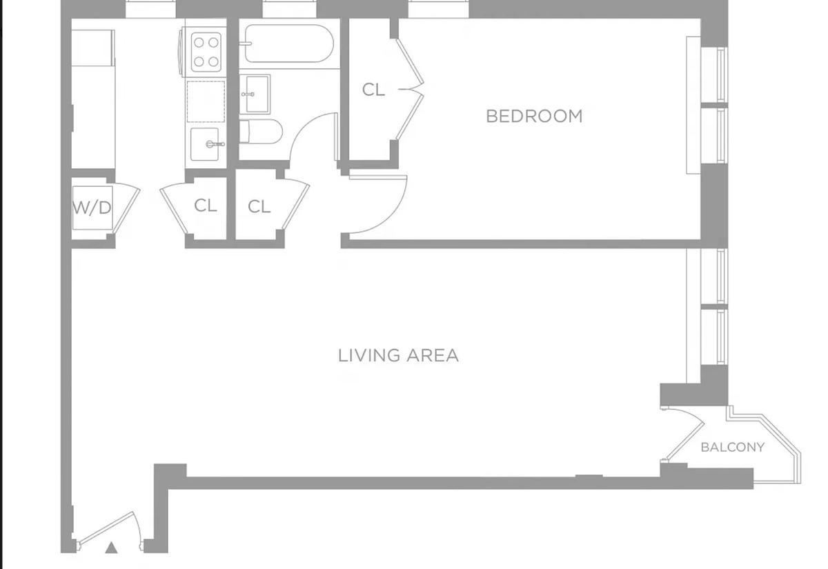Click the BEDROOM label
click(x=534, y=116)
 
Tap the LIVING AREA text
click(x=399, y=355)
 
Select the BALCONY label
click(x=733, y=448)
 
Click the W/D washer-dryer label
click(x=92, y=208)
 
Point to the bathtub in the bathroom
click(x=289, y=43)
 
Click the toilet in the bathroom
click(x=261, y=131)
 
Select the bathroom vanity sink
click(x=255, y=94)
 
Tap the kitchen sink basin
click(x=205, y=144)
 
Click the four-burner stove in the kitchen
click(x=206, y=52)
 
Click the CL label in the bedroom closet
click(x=373, y=90)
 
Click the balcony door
click(x=684, y=435)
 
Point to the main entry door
click(x=107, y=529)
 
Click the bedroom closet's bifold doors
click(x=411, y=90)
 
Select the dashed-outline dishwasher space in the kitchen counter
click(x=206, y=101)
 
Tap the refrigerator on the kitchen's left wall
click(x=92, y=48)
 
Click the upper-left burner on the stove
click(x=199, y=43)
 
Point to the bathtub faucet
click(x=246, y=43)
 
